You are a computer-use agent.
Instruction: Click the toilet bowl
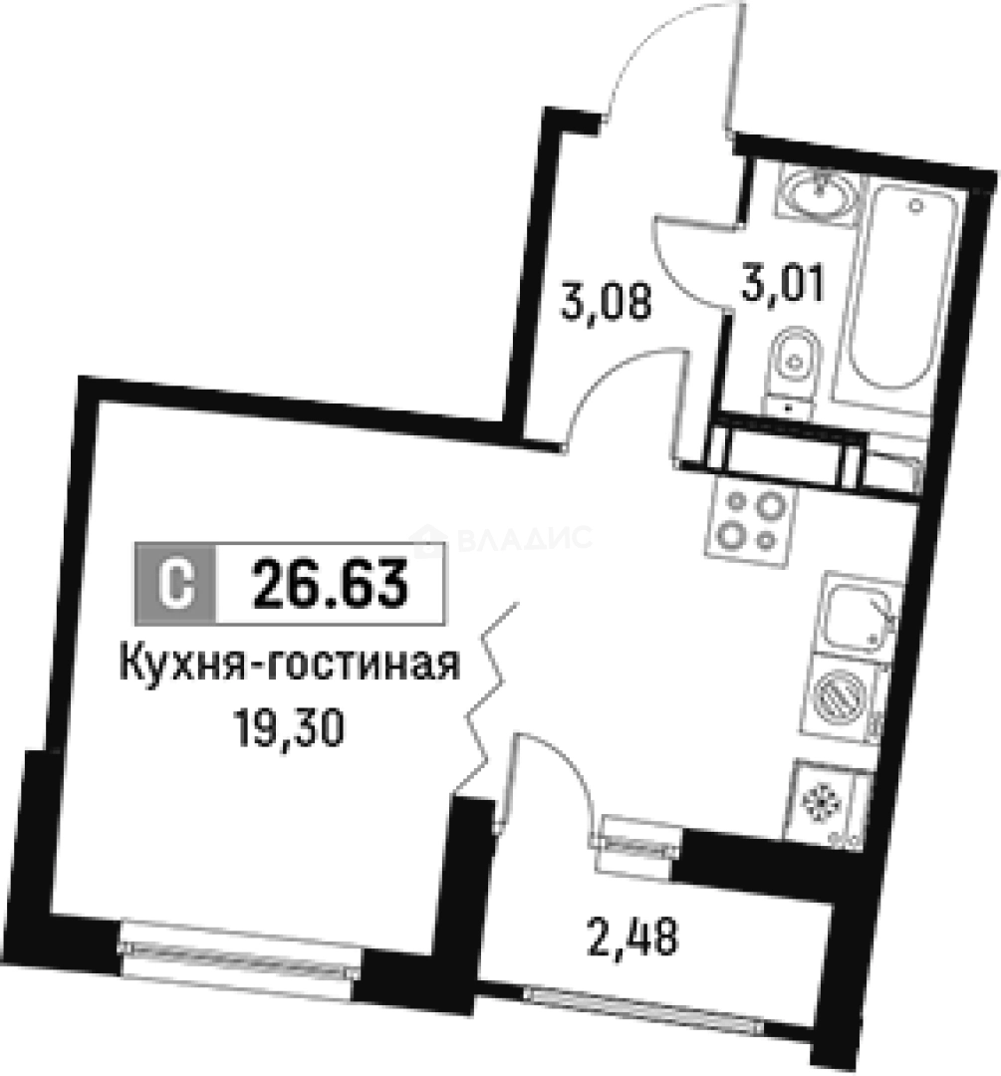(x=794, y=364)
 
